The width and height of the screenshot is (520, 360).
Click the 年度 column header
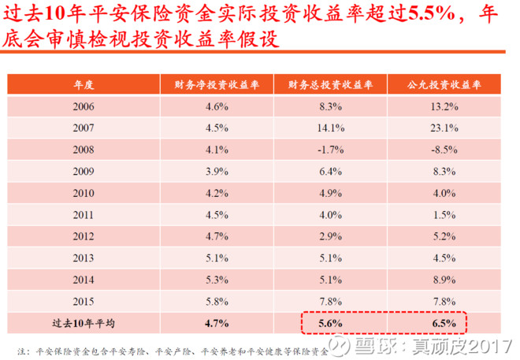click(x=84, y=85)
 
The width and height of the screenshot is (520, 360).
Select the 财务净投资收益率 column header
click(x=217, y=85)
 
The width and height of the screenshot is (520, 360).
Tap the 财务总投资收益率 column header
click(x=330, y=85)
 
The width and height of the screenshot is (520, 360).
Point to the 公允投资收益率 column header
click(x=444, y=85)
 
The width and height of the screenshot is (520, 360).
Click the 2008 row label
click(x=84, y=150)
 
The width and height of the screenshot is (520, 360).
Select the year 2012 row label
click(x=84, y=236)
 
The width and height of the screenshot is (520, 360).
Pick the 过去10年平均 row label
click(x=84, y=323)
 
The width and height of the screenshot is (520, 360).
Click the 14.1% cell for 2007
click(x=331, y=128)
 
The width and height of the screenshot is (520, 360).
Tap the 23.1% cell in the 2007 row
click(x=444, y=128)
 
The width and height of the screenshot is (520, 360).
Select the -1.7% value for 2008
click(x=331, y=150)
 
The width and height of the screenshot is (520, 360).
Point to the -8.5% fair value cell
click(x=444, y=150)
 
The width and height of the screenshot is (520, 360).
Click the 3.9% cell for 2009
click(x=217, y=172)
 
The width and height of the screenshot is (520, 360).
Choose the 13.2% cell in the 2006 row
click(x=444, y=106)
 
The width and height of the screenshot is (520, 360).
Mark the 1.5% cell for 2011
click(x=444, y=215)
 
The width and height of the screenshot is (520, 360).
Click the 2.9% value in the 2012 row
click(x=331, y=236)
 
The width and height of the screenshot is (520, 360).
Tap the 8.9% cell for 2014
click(x=444, y=280)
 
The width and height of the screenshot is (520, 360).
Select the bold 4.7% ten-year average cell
click(x=217, y=323)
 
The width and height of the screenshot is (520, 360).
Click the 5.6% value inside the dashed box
click(x=330, y=323)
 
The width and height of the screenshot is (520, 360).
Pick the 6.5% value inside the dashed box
click(x=444, y=323)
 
